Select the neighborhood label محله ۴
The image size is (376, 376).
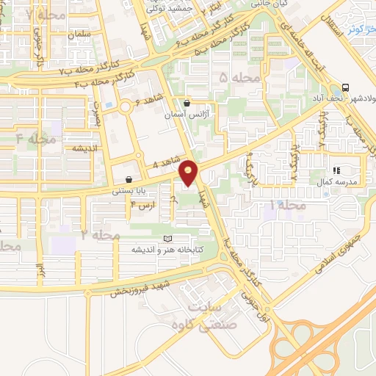click(35, 138)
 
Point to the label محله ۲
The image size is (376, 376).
click(100, 234)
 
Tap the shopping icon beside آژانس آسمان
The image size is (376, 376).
click(187, 104)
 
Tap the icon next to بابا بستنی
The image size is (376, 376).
click(129, 178)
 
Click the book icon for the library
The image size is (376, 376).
click(167, 239)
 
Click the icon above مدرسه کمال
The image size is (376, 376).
click(337, 170)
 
